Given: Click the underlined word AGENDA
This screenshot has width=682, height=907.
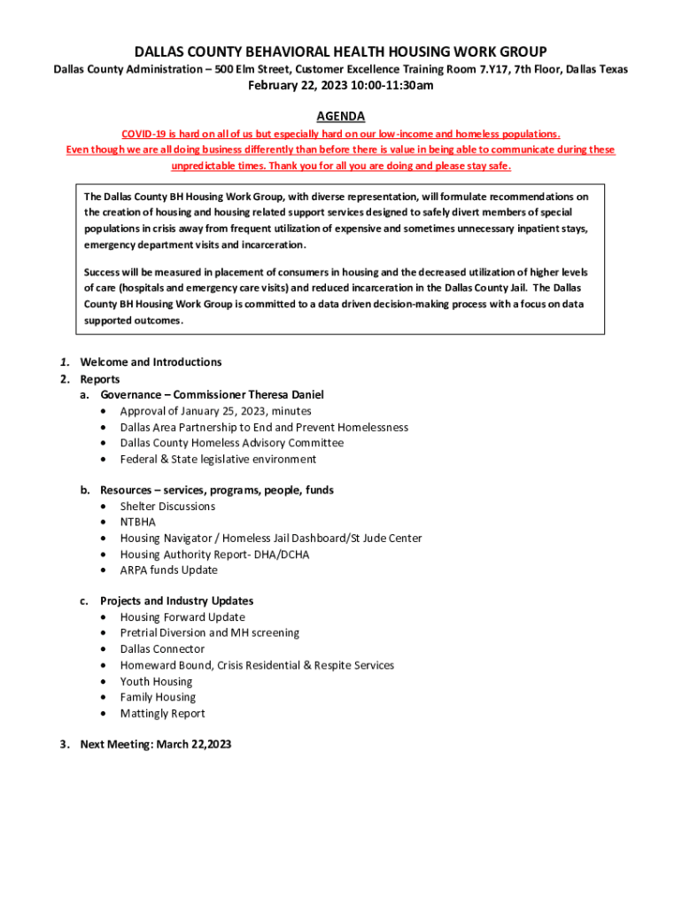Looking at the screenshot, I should [x=340, y=117].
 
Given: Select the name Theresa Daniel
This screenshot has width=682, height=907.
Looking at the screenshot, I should [x=286, y=395].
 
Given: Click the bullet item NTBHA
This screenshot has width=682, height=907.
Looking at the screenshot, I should [x=137, y=523].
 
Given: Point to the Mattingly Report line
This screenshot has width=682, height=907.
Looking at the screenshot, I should [x=162, y=714].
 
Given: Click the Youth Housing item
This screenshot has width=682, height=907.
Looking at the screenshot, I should [x=156, y=682].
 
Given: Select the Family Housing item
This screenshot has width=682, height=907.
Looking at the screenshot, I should [x=158, y=698].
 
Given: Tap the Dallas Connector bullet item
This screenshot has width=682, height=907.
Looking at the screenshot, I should [x=162, y=649].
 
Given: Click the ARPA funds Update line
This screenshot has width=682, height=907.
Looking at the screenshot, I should [x=168, y=570].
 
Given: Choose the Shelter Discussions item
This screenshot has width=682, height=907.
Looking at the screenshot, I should [x=167, y=507].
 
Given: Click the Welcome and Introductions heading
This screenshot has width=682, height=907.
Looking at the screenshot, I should [x=151, y=362].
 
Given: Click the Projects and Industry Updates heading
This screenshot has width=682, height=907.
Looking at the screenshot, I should [x=176, y=601].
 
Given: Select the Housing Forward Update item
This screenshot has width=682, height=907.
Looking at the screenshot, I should [x=182, y=617].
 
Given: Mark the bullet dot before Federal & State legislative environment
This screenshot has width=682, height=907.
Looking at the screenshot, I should [x=105, y=460].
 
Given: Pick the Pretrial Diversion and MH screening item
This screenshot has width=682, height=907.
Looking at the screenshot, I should [x=209, y=633].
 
